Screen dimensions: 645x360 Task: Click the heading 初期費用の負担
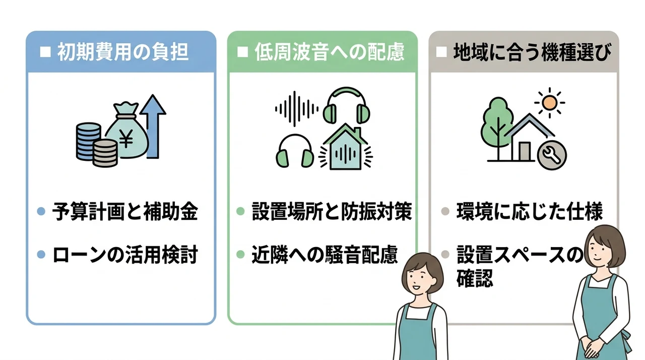pyautogui.click(x=123, y=52)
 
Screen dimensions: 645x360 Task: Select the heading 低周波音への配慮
pyautogui.click(x=330, y=52)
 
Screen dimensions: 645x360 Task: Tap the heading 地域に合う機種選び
pyautogui.click(x=532, y=52)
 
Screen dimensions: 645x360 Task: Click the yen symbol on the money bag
pyautogui.click(x=126, y=138)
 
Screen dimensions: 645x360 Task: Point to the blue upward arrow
pyautogui.click(x=153, y=127)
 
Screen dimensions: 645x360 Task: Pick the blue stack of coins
pyautogui.click(x=88, y=141)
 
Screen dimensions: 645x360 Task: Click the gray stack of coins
pyautogui.click(x=105, y=153)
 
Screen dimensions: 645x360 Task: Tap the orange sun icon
pyautogui.click(x=549, y=103)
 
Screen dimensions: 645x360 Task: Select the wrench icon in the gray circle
pyautogui.click(x=552, y=155)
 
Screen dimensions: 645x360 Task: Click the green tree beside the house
pyautogui.click(x=497, y=127)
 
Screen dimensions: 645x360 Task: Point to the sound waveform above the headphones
pyautogui.click(x=297, y=109)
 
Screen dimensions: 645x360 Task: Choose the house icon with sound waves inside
pyautogui.click(x=346, y=147)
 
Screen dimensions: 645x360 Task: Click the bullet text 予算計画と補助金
pyautogui.click(x=125, y=212)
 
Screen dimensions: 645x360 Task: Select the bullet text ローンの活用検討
pyautogui.click(x=125, y=255)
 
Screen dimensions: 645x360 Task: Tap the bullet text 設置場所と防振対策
pyautogui.click(x=332, y=211)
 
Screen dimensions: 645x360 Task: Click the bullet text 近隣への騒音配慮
pyautogui.click(x=325, y=255)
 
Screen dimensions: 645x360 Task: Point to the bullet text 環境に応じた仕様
pyautogui.click(x=530, y=212)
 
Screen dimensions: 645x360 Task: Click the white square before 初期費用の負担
pyautogui.click(x=45, y=52)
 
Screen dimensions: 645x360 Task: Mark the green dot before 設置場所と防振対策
pyautogui.click(x=240, y=211)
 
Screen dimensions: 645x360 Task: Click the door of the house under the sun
pyautogui.click(x=525, y=151)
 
